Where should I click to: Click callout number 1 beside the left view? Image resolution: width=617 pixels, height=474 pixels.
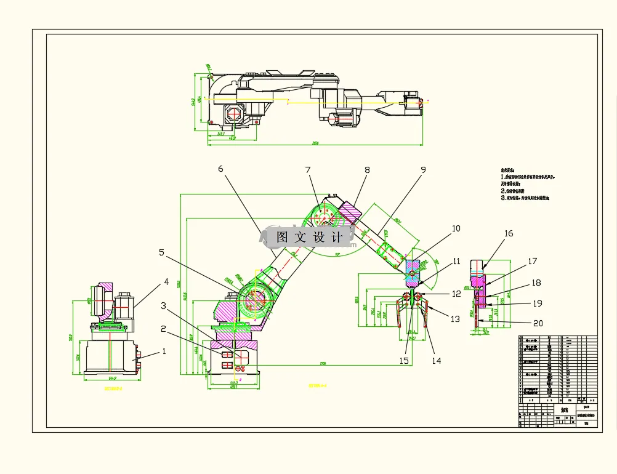click(164, 351)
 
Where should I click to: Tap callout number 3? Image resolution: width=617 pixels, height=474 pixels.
click(164, 305)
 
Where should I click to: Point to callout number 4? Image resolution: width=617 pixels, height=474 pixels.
click(166, 283)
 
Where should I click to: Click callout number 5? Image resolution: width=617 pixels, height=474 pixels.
click(161, 252)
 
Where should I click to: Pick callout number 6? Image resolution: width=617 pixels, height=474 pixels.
click(220, 169)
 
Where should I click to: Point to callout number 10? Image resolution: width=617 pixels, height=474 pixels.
click(456, 228)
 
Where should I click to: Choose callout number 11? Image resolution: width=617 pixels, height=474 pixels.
click(456, 262)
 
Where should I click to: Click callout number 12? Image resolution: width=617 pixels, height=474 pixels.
click(456, 294)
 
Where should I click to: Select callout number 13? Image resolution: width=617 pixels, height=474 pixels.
click(455, 319)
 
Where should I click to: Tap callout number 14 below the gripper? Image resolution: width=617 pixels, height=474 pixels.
click(436, 361)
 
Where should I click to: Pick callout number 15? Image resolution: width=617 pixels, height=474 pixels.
click(405, 361)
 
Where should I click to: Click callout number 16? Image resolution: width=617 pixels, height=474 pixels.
click(509, 233)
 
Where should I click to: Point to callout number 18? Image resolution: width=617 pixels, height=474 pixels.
click(536, 283)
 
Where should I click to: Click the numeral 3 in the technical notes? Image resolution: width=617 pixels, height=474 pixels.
click(502, 198)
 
